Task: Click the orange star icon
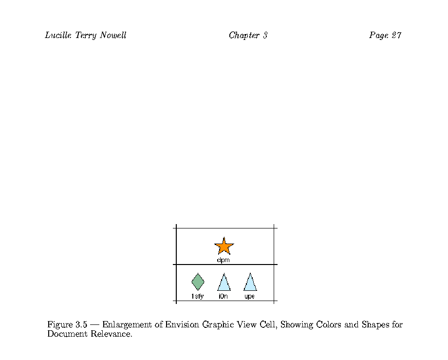(x=224, y=246)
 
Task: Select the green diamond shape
(x=198, y=282)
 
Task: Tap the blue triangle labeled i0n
(x=224, y=282)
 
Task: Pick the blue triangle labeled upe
(x=250, y=282)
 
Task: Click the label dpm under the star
(x=223, y=260)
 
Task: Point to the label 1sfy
(x=197, y=296)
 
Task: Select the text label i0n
(x=223, y=296)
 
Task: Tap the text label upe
(x=249, y=296)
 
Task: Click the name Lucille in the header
(x=58, y=35)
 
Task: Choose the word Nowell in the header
(x=113, y=35)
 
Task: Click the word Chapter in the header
(x=244, y=35)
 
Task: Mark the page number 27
(x=396, y=35)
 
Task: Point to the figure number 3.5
(x=81, y=324)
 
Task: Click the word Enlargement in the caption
(x=127, y=325)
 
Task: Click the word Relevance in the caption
(x=112, y=334)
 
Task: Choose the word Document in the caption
(x=67, y=334)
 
